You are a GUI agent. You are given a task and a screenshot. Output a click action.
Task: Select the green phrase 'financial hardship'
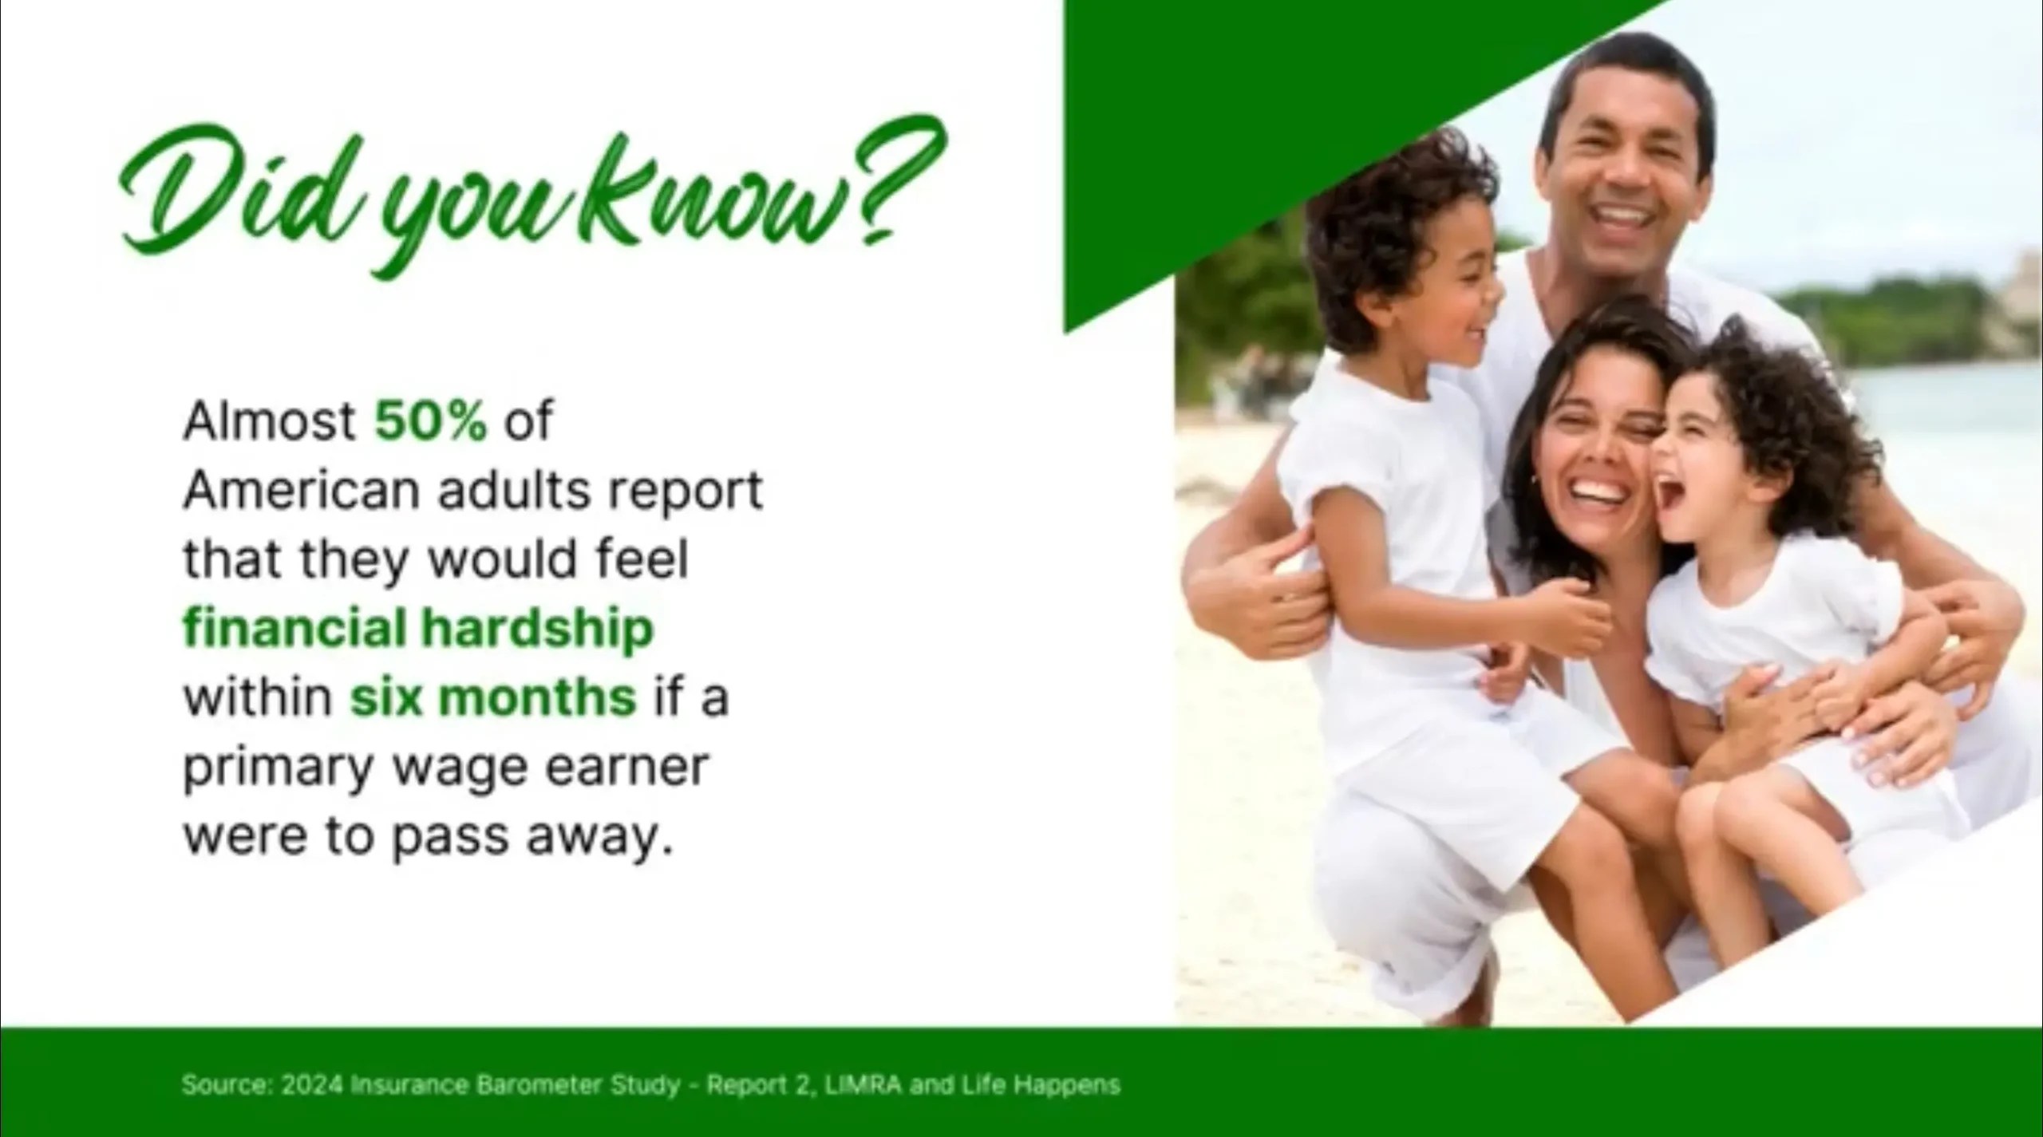418,628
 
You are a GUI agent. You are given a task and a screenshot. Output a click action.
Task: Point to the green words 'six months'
493,697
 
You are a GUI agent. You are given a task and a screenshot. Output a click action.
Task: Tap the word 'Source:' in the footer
227,1085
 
